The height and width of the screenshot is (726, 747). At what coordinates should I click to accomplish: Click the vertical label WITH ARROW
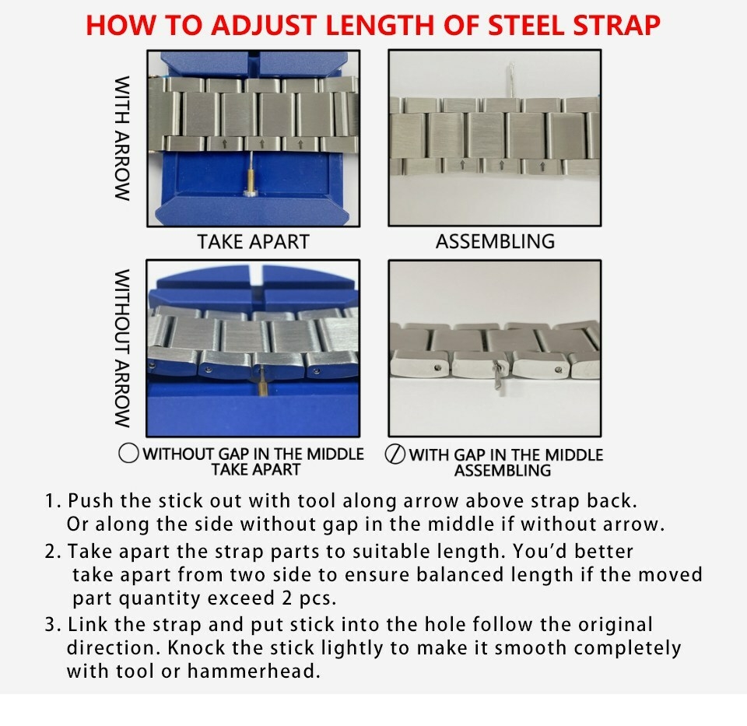122,139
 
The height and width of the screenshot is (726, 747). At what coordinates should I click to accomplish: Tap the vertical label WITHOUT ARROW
122,349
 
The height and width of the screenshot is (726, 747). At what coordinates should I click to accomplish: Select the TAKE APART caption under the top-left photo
254,242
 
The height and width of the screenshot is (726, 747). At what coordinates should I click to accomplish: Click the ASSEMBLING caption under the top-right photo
495,241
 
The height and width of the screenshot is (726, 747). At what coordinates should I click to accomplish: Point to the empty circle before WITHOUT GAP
128,453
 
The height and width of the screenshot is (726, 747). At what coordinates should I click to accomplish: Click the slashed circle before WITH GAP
395,454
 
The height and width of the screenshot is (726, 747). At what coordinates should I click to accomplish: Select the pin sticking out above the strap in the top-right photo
511,79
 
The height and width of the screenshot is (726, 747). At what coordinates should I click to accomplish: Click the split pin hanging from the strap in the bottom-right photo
499,377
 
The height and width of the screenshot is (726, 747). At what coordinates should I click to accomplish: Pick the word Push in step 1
90,501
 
